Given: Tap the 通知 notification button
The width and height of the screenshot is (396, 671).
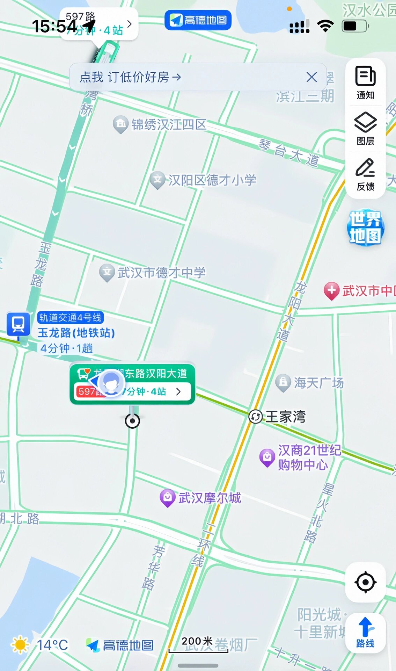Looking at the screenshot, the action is click(365, 82).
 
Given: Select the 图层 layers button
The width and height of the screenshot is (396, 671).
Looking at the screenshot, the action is click(365, 128).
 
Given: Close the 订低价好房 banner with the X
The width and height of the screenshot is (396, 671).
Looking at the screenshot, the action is click(311, 77).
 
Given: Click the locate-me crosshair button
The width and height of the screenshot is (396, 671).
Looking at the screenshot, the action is click(365, 582).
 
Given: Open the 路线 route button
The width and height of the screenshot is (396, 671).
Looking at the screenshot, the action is click(365, 633).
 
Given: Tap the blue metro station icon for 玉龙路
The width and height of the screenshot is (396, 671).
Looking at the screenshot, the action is click(18, 324).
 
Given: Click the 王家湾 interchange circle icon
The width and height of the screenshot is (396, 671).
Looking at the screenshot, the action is click(256, 417).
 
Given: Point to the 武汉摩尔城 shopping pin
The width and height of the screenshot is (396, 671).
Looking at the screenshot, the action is click(168, 497).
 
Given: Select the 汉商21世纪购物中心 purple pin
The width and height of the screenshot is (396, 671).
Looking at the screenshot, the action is click(267, 457).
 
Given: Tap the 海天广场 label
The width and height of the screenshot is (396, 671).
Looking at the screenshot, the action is click(318, 383).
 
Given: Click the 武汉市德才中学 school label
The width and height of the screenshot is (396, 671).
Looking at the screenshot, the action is click(161, 273).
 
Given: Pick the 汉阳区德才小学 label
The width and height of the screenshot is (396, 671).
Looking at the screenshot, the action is click(212, 180).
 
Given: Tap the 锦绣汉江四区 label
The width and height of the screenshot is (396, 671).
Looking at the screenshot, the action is click(169, 124).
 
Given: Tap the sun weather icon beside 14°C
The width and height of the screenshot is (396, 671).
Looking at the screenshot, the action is click(20, 645).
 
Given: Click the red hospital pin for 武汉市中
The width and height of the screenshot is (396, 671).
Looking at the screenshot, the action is click(331, 290).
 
